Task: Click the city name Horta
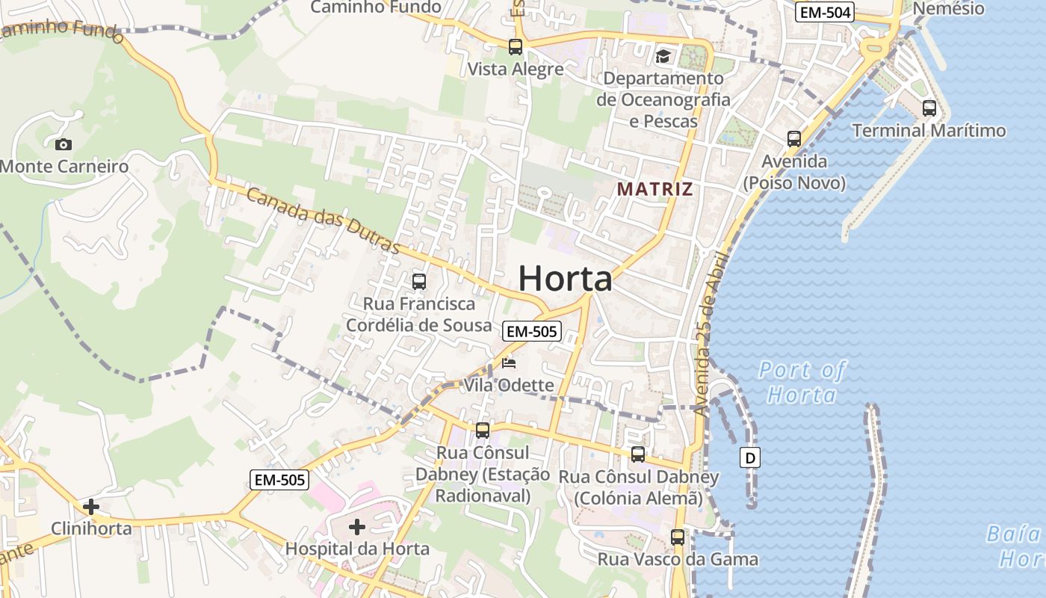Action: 566,279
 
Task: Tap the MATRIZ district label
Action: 654,189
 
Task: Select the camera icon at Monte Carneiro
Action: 64,144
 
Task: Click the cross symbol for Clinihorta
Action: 91,508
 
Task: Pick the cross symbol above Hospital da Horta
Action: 357,527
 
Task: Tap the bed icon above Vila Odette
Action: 509,364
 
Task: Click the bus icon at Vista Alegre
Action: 516,47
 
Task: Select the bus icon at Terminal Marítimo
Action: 929,108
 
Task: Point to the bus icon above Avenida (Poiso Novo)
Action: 794,138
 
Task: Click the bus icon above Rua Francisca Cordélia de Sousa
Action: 419,282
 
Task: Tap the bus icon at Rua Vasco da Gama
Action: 678,537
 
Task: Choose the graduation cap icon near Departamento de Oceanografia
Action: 663,56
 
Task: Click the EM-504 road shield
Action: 825,12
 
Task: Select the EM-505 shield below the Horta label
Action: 531,331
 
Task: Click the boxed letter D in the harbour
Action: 750,457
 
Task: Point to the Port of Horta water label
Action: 802,382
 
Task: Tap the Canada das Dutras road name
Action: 323,222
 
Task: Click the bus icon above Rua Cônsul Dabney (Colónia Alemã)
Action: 638,454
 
